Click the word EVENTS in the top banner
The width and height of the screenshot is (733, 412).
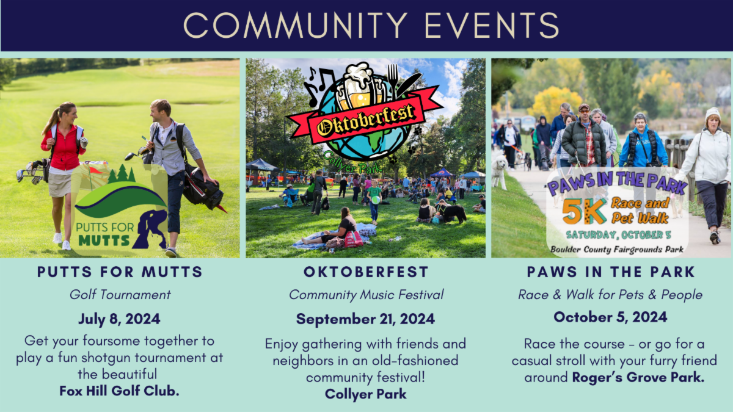(492, 26)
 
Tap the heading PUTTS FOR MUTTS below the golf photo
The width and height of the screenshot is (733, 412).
(120, 272)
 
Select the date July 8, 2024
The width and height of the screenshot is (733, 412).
(119, 319)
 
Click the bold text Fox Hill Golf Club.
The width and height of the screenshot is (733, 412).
(119, 391)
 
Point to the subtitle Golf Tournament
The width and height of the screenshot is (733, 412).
(120, 295)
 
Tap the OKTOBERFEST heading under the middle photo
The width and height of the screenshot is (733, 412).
(366, 272)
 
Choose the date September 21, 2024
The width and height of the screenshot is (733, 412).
(365, 319)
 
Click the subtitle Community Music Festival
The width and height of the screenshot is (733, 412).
(366, 295)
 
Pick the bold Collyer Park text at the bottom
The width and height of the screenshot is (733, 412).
(365, 394)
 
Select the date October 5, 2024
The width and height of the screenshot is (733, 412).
(610, 317)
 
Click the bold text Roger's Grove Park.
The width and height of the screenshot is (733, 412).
(638, 377)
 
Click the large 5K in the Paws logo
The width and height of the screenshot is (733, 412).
(584, 212)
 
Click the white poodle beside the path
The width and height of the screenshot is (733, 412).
(500, 172)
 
